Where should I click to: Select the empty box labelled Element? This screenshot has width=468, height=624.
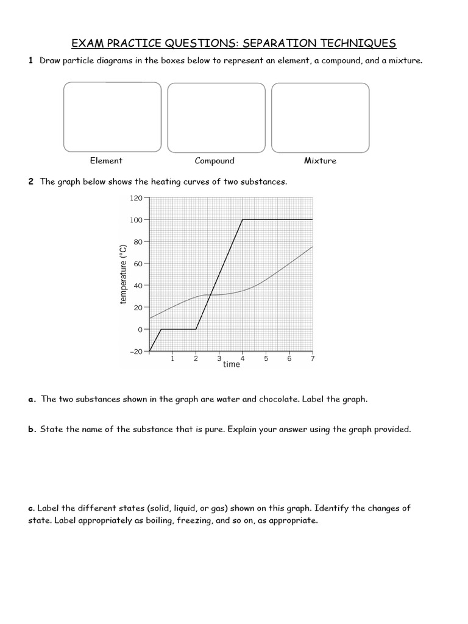click(113, 118)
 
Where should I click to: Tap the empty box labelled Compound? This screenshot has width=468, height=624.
click(216, 118)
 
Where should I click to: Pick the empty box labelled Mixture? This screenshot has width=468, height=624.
click(320, 118)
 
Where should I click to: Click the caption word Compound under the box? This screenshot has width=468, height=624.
click(214, 161)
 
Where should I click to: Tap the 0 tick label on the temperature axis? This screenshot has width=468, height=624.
click(139, 330)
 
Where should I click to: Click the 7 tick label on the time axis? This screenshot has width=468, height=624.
click(313, 359)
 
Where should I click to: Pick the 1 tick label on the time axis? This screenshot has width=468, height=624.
click(172, 359)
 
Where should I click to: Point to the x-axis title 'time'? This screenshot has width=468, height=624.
click(232, 364)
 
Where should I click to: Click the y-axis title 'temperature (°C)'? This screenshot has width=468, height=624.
click(124, 274)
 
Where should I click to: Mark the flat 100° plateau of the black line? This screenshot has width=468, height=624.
click(277, 219)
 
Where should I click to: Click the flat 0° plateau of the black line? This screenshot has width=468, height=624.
click(178, 329)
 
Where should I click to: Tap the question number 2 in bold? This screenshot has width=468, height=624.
click(30, 182)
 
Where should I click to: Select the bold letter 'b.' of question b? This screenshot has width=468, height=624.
click(32, 430)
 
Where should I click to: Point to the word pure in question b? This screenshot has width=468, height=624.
click(210, 430)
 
